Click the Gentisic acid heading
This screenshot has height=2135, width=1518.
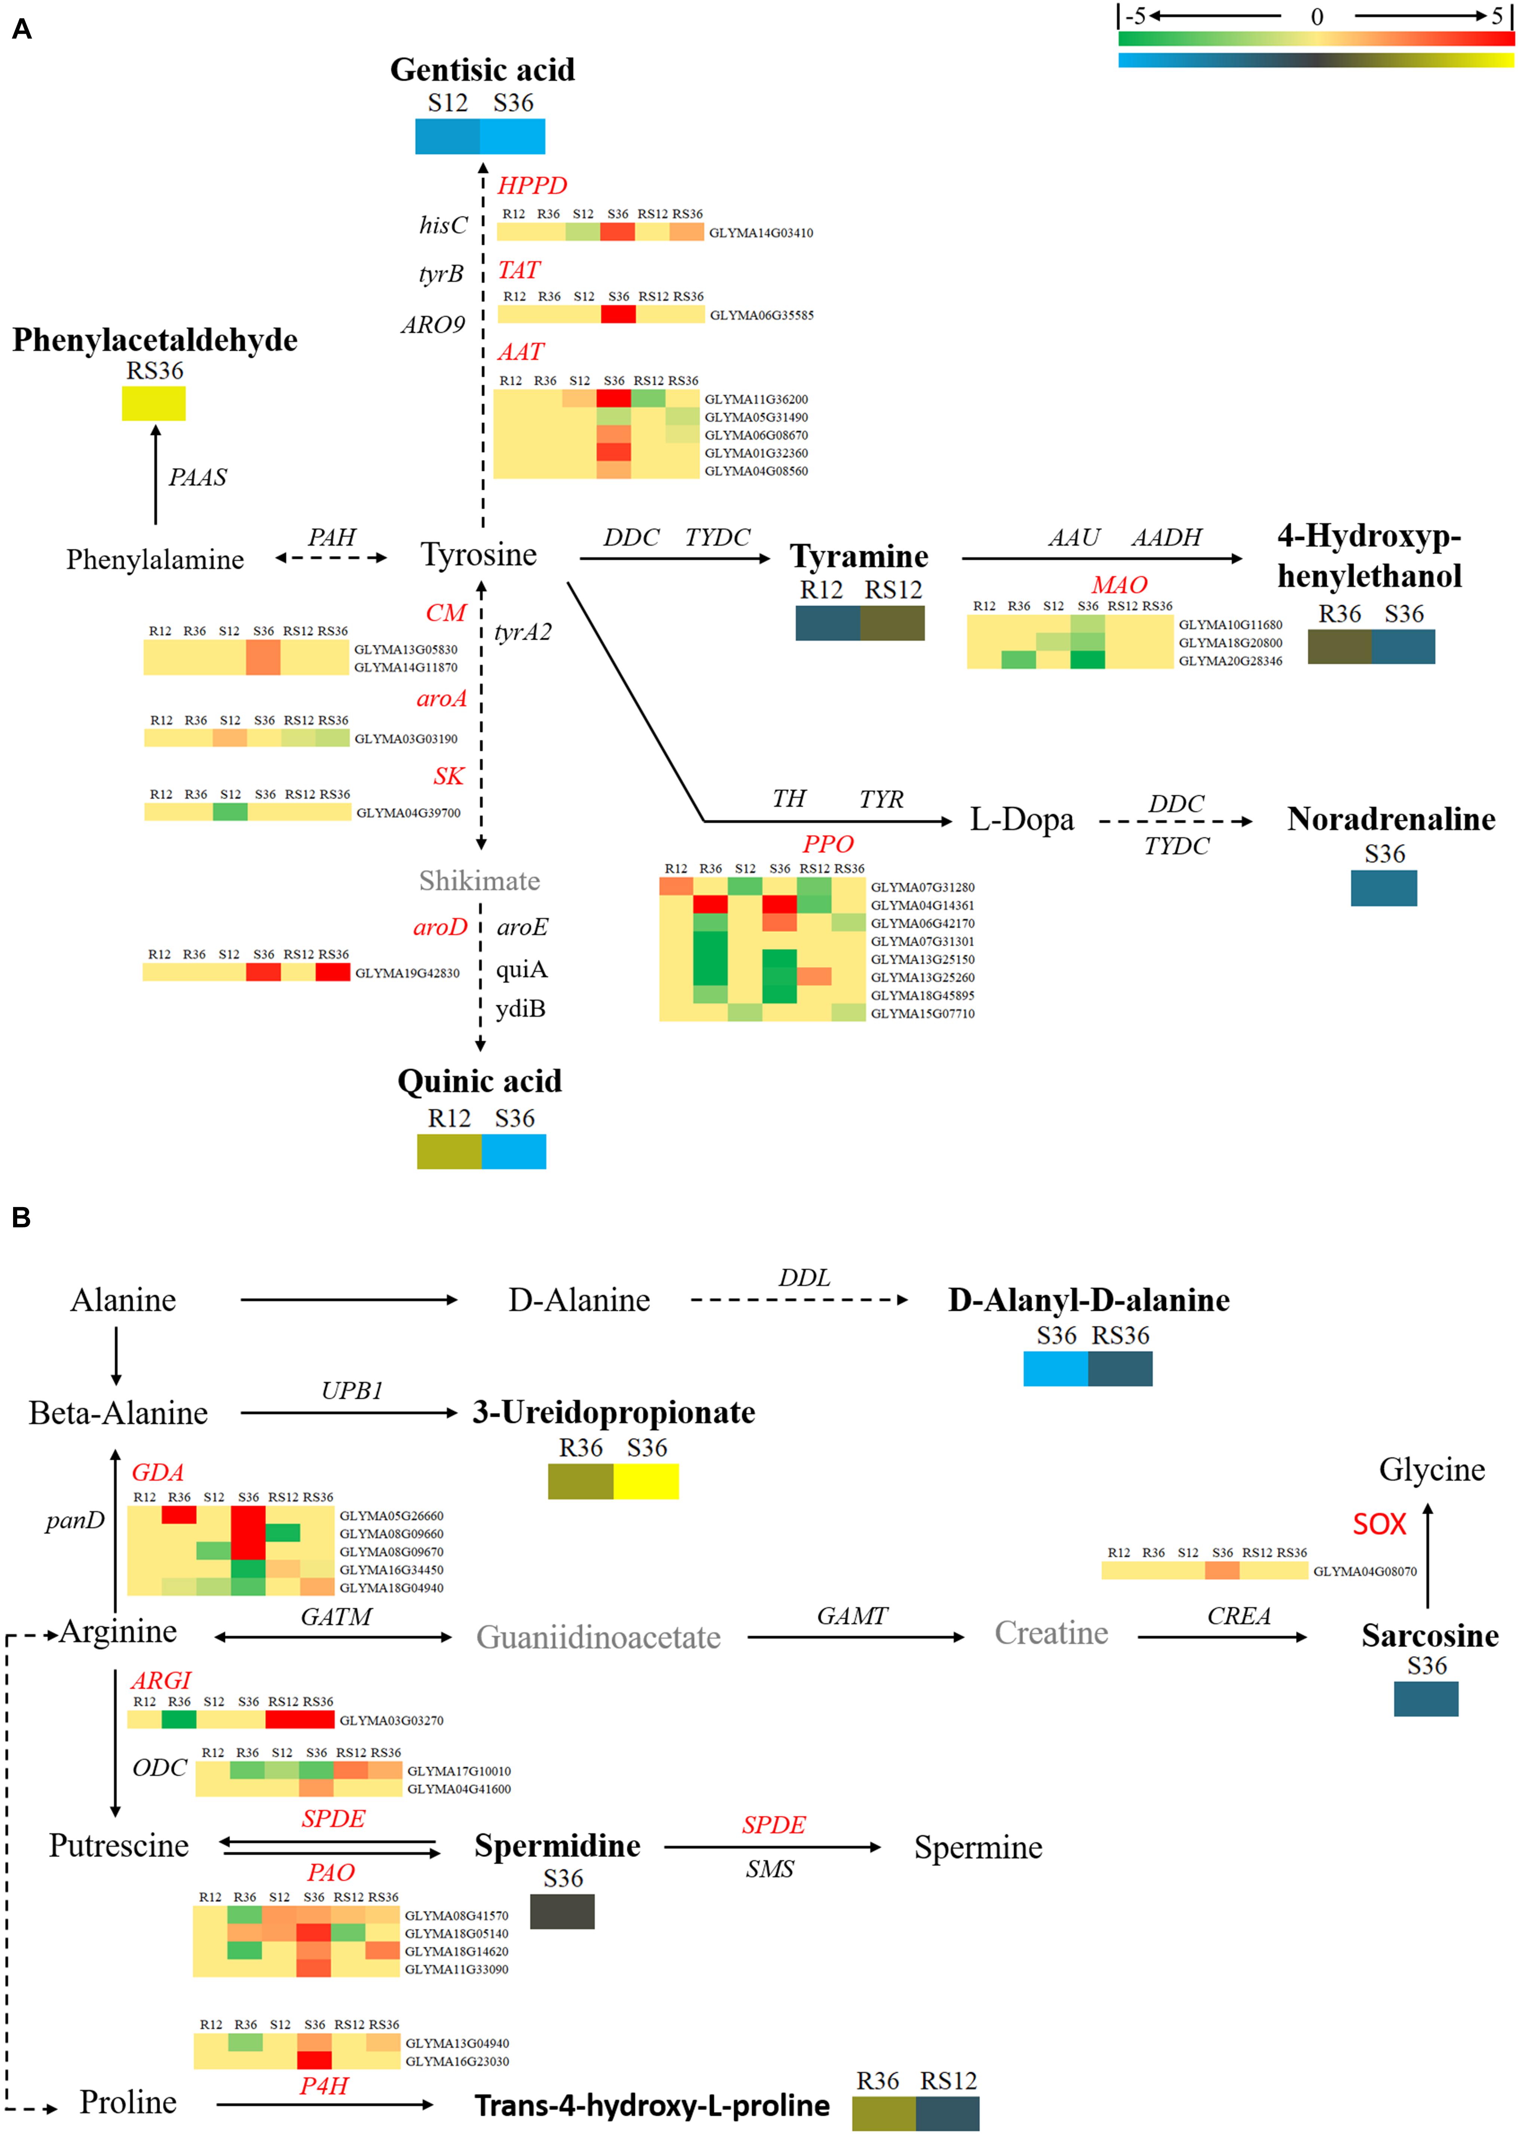(482, 70)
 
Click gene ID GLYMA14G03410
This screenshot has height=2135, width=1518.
(761, 233)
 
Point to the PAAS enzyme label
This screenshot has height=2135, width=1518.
(197, 478)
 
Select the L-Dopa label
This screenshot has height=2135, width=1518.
(1022, 820)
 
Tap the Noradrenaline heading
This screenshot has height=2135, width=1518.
(1391, 819)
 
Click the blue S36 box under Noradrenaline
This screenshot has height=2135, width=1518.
(1383, 888)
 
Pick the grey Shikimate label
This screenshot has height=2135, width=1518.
(478, 880)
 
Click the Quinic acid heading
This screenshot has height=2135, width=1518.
(480, 1081)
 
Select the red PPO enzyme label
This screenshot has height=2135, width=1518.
(828, 844)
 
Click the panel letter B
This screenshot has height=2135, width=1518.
(21, 1217)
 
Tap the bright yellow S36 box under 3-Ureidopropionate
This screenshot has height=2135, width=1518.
(646, 1482)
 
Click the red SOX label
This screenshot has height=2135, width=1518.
(1379, 1525)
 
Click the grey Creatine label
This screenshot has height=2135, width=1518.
(1051, 1633)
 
